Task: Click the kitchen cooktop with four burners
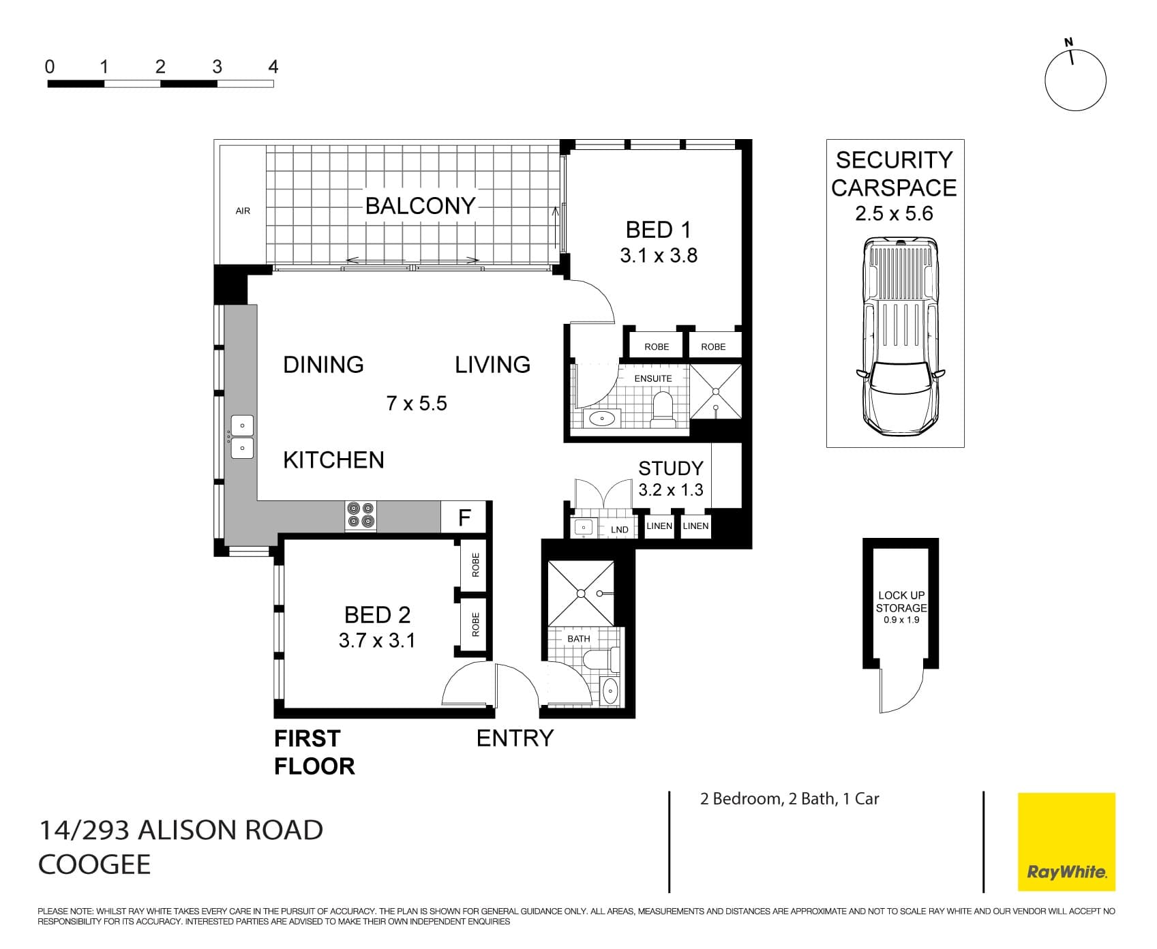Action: [x=361, y=516]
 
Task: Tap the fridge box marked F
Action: [x=464, y=517]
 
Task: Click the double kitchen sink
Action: [x=242, y=437]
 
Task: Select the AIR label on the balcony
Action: [x=243, y=211]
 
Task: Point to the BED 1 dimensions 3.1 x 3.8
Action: [x=659, y=256]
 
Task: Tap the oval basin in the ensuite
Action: [x=602, y=419]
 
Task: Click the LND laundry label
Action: [x=619, y=530]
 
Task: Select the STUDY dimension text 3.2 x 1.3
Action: [x=670, y=490]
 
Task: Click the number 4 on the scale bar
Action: [x=273, y=67]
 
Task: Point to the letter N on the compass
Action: [x=1068, y=42]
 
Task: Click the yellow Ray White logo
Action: [x=1066, y=841]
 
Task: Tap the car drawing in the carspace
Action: [x=901, y=337]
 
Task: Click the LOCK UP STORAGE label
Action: [x=901, y=602]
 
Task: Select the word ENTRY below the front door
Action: [x=515, y=738]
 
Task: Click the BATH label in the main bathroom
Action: [x=578, y=639]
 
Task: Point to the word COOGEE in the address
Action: [x=94, y=864]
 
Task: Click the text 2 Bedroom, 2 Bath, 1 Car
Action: [x=790, y=799]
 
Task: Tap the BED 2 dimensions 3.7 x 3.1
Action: [x=377, y=641]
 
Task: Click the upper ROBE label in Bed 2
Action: [x=476, y=565]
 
